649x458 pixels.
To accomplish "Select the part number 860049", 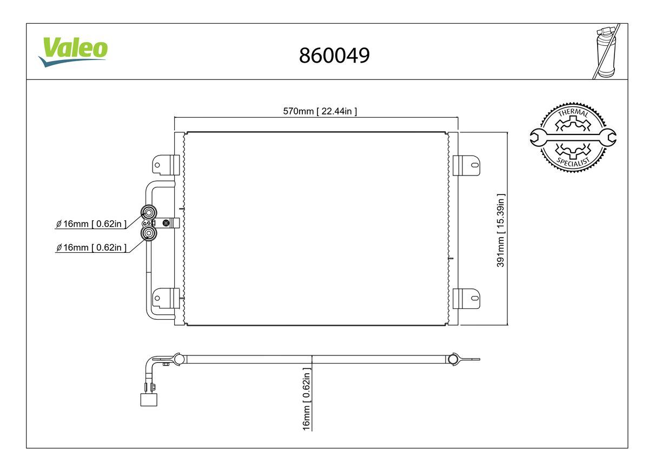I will click(334, 55).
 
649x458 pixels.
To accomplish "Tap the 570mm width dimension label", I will click(320, 111).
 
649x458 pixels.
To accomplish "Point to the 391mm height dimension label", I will click(501, 231).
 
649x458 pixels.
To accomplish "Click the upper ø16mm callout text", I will click(91, 224).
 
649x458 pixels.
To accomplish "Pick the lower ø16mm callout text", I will click(91, 247).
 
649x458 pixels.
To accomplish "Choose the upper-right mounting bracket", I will click(466, 165).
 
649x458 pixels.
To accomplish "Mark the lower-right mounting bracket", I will click(466, 298).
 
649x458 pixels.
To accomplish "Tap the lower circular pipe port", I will click(149, 233).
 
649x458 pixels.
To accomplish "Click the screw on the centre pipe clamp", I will click(165, 223).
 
